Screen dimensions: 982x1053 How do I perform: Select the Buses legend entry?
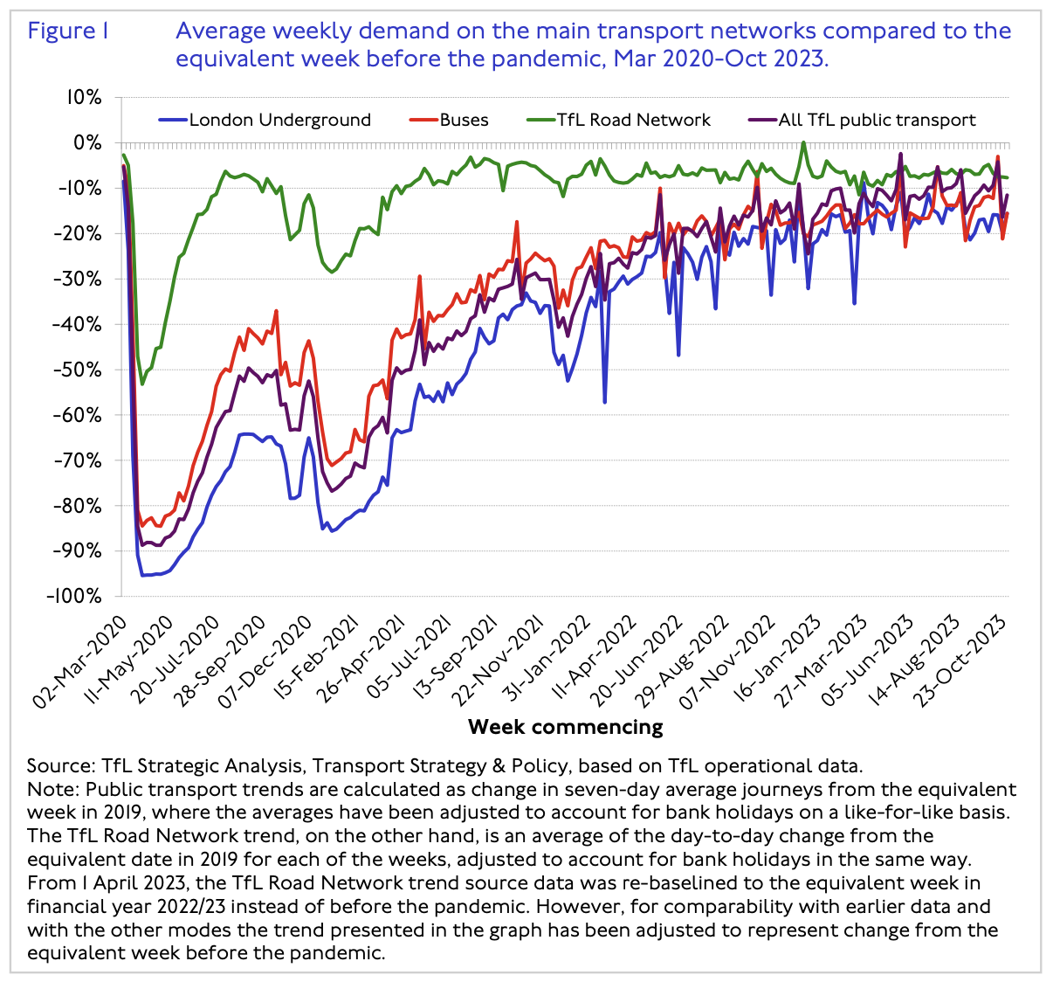tap(464, 121)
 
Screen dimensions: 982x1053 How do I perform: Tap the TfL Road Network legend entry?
tap(633, 121)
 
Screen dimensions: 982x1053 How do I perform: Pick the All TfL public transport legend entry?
tap(877, 121)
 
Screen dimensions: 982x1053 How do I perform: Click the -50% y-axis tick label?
tap(79, 370)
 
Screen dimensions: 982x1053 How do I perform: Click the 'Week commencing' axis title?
tap(565, 727)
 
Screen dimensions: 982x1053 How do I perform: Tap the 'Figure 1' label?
tap(68, 32)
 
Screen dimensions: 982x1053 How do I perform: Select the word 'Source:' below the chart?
tap(61, 766)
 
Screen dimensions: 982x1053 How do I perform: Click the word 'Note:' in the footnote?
tap(52, 789)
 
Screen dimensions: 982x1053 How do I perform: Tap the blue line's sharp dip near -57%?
tap(604, 402)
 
